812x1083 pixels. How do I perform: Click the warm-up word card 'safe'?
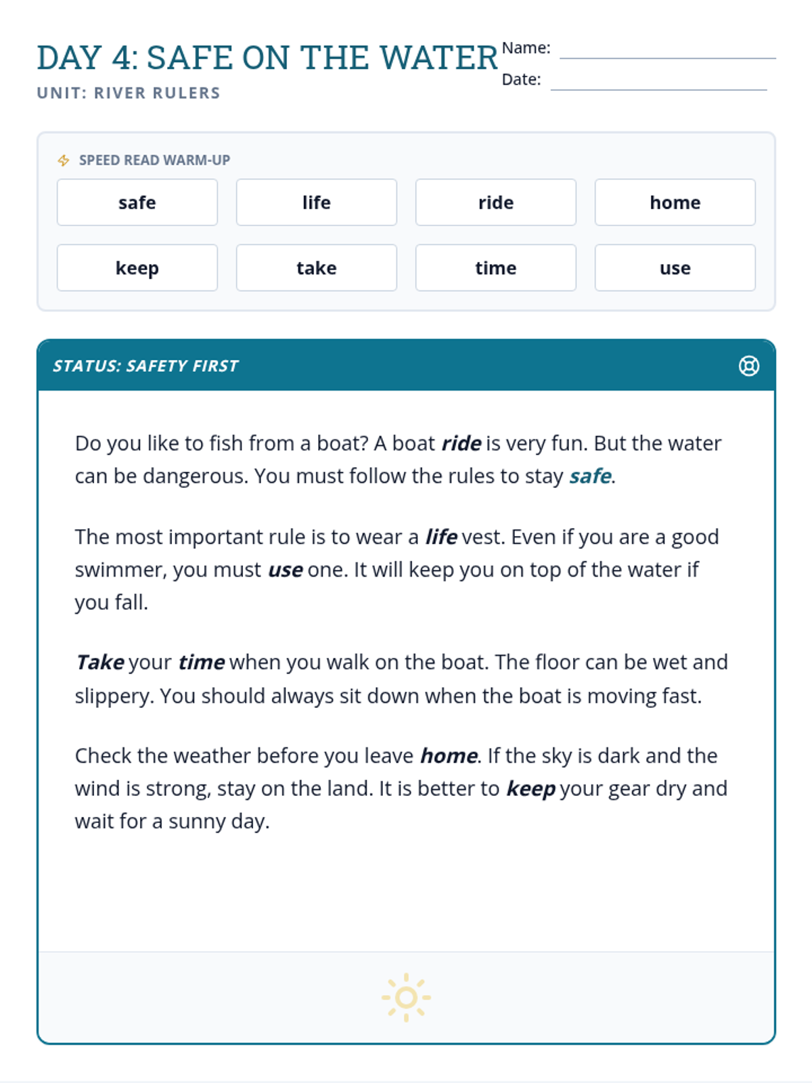click(x=137, y=202)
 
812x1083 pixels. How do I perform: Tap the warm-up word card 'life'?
click(x=316, y=202)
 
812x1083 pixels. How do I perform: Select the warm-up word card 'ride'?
click(x=495, y=202)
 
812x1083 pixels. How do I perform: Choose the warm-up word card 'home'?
click(x=675, y=202)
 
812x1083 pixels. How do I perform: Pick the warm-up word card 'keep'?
click(x=137, y=268)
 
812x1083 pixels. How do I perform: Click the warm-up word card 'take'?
click(x=316, y=268)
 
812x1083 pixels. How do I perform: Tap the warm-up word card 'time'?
click(x=495, y=268)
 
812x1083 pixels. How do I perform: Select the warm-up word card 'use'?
click(x=675, y=268)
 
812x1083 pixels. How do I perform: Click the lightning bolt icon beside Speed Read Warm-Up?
click(x=64, y=160)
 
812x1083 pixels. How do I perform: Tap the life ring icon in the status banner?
click(x=748, y=366)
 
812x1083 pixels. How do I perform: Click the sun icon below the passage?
click(x=406, y=997)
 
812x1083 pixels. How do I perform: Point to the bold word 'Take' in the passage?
click(x=100, y=662)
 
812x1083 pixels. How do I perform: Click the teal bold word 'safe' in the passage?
click(x=590, y=477)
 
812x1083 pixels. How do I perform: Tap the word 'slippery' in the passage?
click(x=112, y=697)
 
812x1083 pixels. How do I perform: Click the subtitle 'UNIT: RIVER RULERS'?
click(x=129, y=93)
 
